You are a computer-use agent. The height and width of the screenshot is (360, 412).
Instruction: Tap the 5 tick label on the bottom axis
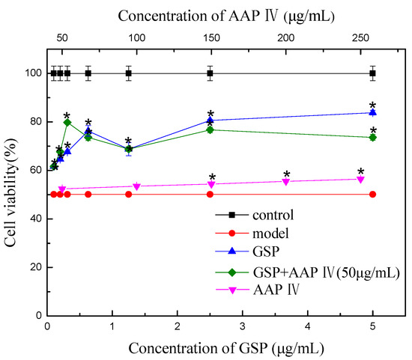click(x=373, y=327)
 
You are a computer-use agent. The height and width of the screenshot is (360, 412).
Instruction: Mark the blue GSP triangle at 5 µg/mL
click(x=372, y=112)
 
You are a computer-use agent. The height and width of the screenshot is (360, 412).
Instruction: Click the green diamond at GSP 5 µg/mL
click(x=372, y=138)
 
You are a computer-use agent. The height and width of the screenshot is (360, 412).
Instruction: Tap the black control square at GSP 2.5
click(x=210, y=73)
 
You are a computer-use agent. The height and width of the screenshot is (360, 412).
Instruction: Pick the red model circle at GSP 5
click(x=372, y=194)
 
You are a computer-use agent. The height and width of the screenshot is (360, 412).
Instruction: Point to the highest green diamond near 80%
click(x=67, y=122)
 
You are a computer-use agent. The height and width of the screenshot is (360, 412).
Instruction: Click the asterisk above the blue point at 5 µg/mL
click(x=372, y=105)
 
